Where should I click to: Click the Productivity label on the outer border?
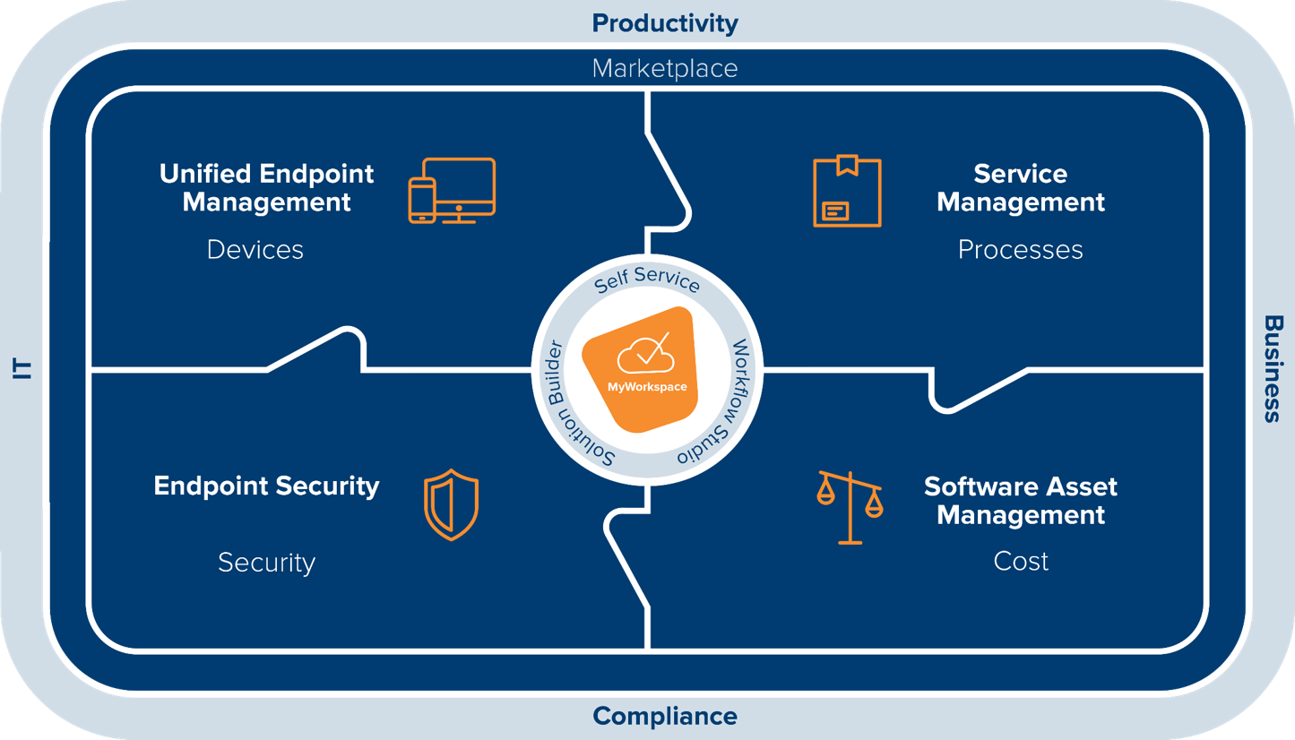(x=665, y=22)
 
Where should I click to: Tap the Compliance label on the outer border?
(x=665, y=717)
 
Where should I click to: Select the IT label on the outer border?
(x=23, y=368)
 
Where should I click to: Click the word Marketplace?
(x=665, y=68)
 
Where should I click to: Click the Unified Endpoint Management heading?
(x=266, y=187)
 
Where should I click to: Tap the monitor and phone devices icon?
(x=452, y=191)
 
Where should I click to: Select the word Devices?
(x=255, y=249)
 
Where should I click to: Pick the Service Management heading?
(x=1021, y=187)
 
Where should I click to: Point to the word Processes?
(x=1020, y=249)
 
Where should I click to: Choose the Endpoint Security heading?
(x=266, y=486)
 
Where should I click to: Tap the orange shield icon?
(x=451, y=504)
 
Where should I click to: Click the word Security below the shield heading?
(x=266, y=563)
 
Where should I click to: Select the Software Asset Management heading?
(x=1021, y=501)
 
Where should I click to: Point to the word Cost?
(x=1021, y=562)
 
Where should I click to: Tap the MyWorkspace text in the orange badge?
(x=647, y=387)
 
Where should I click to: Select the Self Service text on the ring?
(x=647, y=279)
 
